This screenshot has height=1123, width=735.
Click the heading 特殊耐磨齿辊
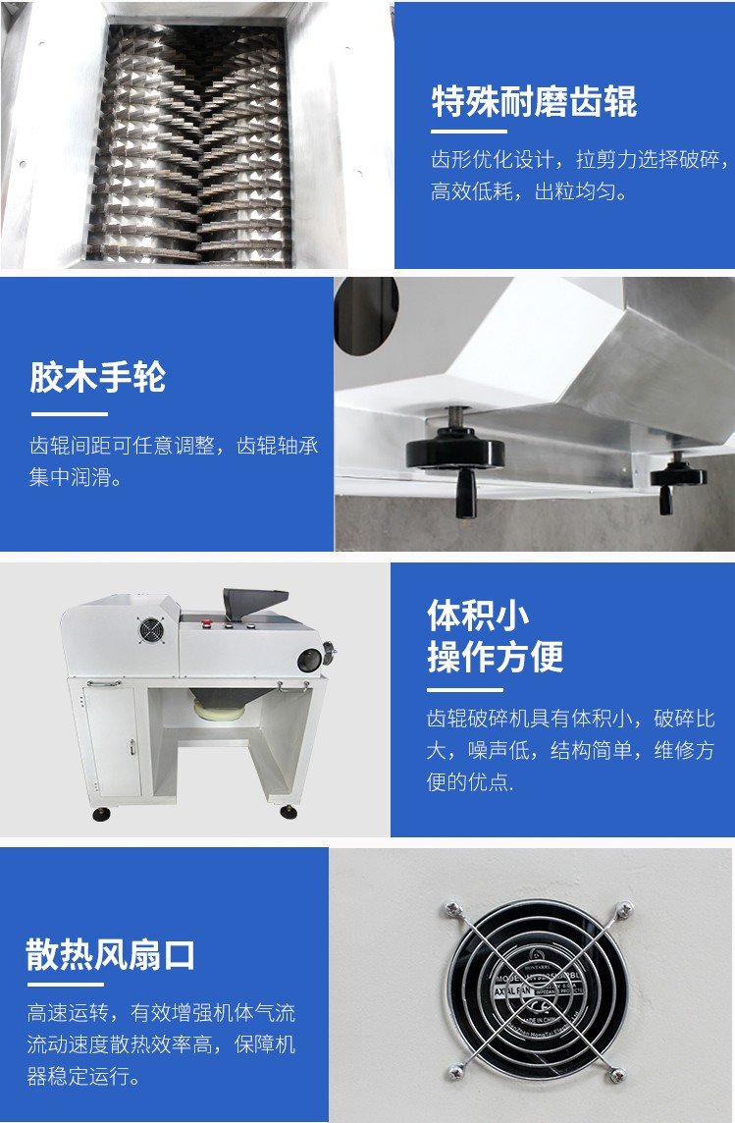click(534, 101)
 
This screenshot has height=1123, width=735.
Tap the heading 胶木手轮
click(97, 377)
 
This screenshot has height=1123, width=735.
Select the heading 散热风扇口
click(110, 955)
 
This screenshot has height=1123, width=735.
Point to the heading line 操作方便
click(496, 656)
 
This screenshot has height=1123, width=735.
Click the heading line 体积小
click(478, 615)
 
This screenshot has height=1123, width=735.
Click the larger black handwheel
click(455, 458)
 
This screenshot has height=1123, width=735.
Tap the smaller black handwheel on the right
click(677, 480)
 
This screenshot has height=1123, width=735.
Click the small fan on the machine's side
click(151, 630)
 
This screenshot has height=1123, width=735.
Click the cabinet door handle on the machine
click(131, 746)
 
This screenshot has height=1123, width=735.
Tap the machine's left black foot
click(101, 813)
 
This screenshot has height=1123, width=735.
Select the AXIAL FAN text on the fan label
click(511, 991)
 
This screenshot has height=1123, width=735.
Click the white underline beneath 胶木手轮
click(69, 414)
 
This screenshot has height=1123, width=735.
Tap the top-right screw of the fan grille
click(625, 909)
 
